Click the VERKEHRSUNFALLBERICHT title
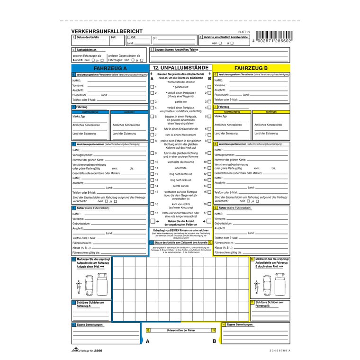tap(106, 31)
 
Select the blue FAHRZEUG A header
tap(110, 68)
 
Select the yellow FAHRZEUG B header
tap(251, 68)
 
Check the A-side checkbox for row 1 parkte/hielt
tap(152, 87)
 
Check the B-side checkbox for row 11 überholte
tap(209, 168)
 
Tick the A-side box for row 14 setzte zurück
tap(152, 186)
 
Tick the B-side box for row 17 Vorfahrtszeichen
tap(209, 213)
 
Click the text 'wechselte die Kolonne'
tap(180, 162)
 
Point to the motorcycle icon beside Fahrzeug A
tap(79, 285)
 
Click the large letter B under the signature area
tap(214, 341)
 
